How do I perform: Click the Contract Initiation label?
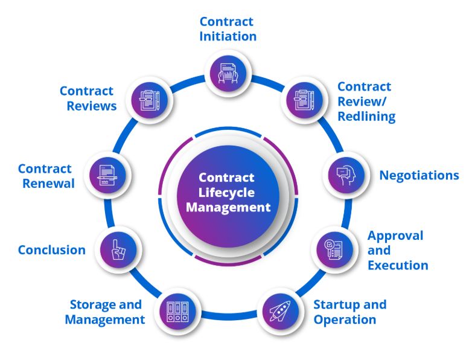(x=228, y=29)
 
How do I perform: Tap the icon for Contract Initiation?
(x=228, y=72)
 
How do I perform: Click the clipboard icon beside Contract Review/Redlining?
(x=301, y=98)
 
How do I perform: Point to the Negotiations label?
(x=419, y=175)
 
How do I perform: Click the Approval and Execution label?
(x=398, y=250)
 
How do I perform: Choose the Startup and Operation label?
(x=349, y=311)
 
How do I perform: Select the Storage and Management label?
(x=105, y=312)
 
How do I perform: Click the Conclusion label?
(x=52, y=249)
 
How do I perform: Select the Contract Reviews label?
(x=88, y=98)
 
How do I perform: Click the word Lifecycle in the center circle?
(x=227, y=193)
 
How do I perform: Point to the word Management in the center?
(x=228, y=207)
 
